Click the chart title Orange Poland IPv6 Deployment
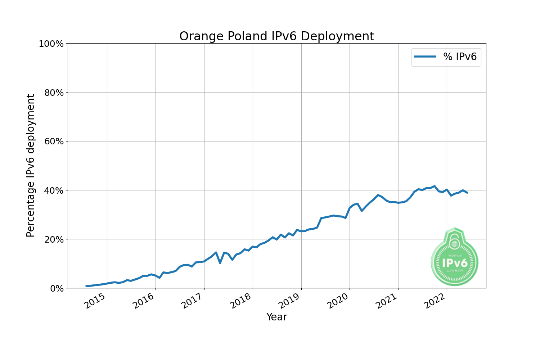[x=276, y=36]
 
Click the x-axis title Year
[x=276, y=317]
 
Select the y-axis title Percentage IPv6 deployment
[x=31, y=166]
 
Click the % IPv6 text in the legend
[x=460, y=57]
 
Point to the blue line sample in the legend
[x=425, y=57]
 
